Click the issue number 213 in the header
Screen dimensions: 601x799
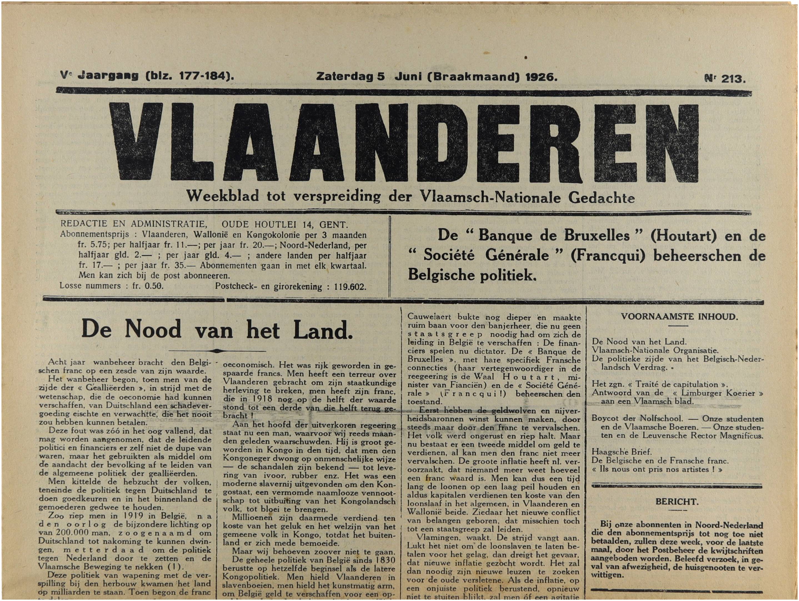pyautogui.click(x=733, y=79)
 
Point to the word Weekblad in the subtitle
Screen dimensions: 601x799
pyautogui.click(x=222, y=196)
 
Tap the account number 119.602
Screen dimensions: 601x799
pyautogui.click(x=350, y=287)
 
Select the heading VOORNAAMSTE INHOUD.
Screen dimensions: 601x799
pyautogui.click(x=679, y=317)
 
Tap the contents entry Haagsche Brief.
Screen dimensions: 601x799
pyautogui.click(x=621, y=452)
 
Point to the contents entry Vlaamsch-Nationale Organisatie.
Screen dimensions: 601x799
pyautogui.click(x=655, y=350)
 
